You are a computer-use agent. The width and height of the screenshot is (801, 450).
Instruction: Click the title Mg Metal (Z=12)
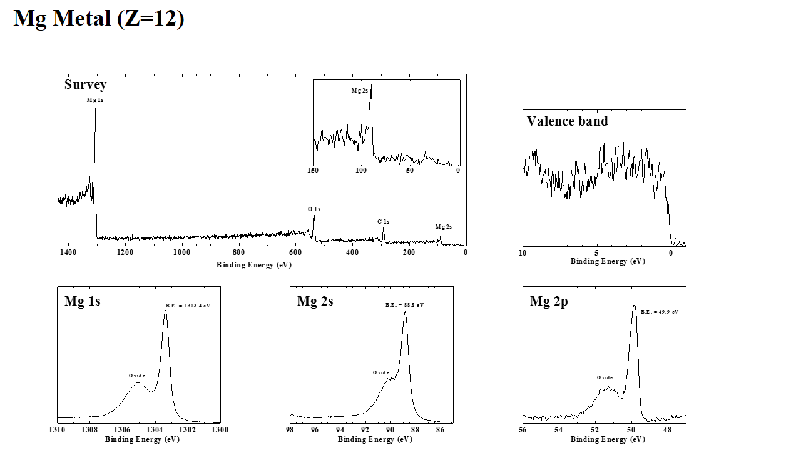[x=99, y=19]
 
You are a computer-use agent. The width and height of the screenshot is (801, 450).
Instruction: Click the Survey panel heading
[x=85, y=84]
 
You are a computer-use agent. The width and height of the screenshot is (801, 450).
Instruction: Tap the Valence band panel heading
[x=567, y=121]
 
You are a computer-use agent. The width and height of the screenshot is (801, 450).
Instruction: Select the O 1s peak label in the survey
[x=314, y=209]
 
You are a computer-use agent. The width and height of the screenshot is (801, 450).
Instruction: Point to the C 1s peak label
[x=383, y=222]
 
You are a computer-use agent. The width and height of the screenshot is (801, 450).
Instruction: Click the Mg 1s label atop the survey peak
[x=95, y=100]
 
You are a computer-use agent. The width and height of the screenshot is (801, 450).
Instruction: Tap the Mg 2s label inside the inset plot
[x=359, y=91]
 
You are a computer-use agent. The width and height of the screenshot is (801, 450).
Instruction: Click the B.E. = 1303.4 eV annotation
[x=192, y=306]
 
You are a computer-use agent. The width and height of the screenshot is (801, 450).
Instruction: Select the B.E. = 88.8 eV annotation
[x=404, y=305]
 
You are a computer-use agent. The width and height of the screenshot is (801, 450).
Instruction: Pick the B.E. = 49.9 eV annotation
[x=660, y=311]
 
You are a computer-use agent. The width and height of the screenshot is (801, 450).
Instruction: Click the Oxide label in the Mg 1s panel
[x=137, y=376]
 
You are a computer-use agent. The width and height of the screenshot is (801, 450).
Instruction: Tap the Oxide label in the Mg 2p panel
[x=605, y=377]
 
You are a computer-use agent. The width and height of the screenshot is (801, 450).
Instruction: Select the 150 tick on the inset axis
[x=314, y=170]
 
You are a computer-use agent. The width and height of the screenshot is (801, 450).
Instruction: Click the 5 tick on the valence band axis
[x=597, y=253]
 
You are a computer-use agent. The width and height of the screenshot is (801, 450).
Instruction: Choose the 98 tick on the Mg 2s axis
[x=290, y=430]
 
